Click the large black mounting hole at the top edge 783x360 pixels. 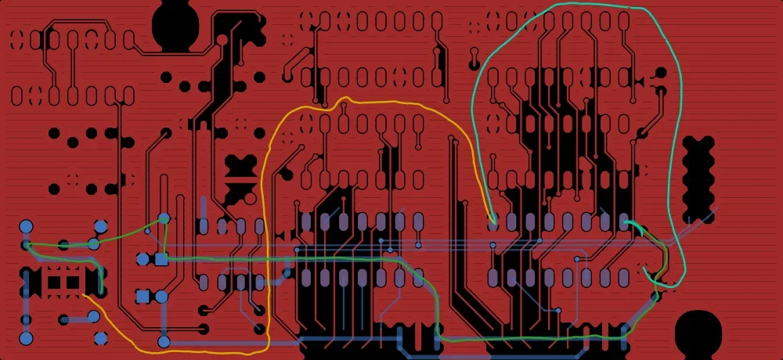click(176, 23)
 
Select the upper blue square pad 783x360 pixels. click(161, 258)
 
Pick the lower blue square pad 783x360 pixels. click(143, 296)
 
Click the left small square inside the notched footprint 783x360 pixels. click(56, 282)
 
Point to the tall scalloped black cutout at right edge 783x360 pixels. click(698, 179)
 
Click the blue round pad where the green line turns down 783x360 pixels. click(164, 218)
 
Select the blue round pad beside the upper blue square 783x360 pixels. click(143, 258)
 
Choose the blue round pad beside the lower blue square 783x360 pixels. click(161, 296)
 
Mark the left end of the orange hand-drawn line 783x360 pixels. click(83, 294)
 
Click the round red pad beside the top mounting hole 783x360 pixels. click(222, 39)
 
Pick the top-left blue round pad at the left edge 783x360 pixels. click(26, 227)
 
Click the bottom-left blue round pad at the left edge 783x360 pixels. click(26, 338)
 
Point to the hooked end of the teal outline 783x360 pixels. click(645, 271)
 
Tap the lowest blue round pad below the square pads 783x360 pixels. click(164, 341)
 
